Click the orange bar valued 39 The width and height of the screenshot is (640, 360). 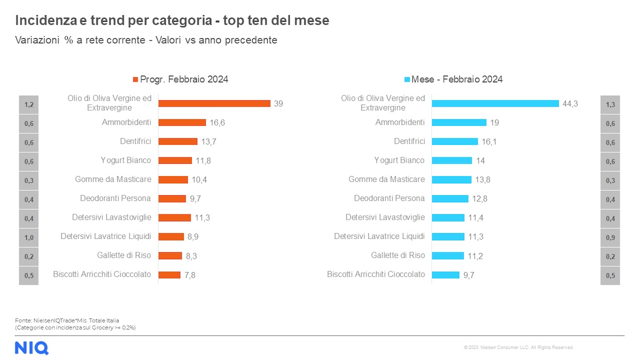(x=214, y=103)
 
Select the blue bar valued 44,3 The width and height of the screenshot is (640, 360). (x=495, y=103)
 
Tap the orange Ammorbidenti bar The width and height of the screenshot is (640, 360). (x=182, y=123)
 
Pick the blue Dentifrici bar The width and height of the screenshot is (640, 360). (x=454, y=141)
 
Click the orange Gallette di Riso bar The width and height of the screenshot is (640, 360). (x=170, y=255)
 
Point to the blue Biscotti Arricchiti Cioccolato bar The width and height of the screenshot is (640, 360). (x=445, y=275)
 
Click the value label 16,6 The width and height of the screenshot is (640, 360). (x=217, y=123)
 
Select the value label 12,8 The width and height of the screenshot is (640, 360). (x=480, y=198)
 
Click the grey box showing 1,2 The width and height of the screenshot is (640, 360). (x=29, y=105)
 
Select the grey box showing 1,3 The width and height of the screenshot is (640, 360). (x=610, y=105)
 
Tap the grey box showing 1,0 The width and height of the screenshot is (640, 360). (x=29, y=237)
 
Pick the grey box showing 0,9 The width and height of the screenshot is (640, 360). (x=610, y=237)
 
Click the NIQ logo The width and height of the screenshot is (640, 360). (x=31, y=348)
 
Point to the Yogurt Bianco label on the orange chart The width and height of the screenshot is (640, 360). (x=126, y=160)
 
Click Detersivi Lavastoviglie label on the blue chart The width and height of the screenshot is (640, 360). (x=385, y=217)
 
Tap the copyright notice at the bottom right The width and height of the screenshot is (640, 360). (x=518, y=347)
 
